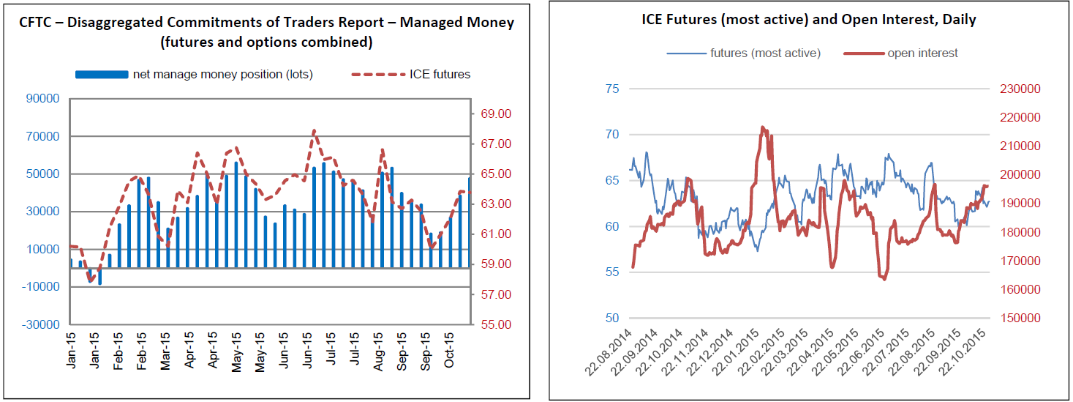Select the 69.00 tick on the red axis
(495, 114)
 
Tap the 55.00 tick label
(495, 324)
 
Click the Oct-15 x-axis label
(451, 351)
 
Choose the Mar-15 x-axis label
(165, 351)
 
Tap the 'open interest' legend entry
(922, 53)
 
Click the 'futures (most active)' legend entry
(765, 53)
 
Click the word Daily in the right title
(959, 20)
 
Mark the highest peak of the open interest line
(763, 127)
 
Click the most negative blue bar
(99, 276)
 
